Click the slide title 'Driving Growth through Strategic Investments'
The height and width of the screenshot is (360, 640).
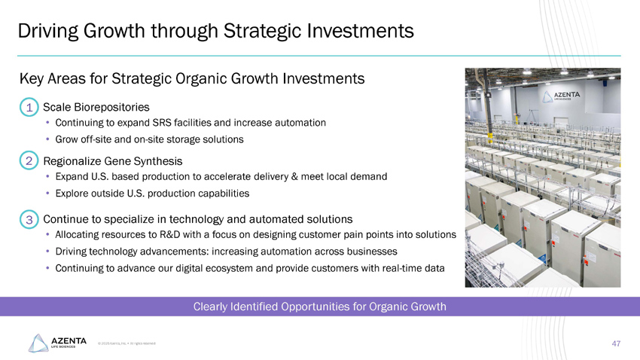215,31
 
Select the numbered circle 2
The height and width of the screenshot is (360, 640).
28,161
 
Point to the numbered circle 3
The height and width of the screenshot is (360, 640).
28,220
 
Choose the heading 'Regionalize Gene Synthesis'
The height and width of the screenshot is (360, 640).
113,160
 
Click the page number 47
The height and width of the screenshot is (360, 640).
616,343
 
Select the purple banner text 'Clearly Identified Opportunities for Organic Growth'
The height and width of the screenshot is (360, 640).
320,307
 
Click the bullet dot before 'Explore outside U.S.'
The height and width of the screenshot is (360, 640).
47,194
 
